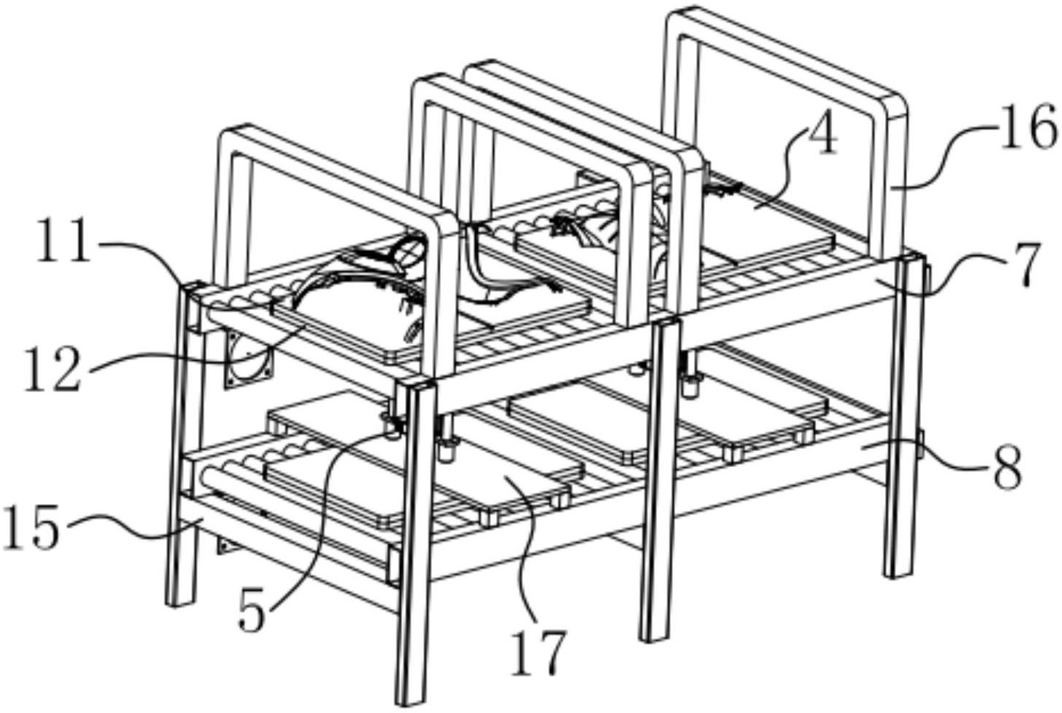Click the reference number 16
pyautogui.click(x=1028, y=129)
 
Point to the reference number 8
pyautogui.click(x=1007, y=469)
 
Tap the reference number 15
pyautogui.click(x=31, y=529)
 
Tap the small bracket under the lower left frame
pyautogui.click(x=227, y=543)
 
